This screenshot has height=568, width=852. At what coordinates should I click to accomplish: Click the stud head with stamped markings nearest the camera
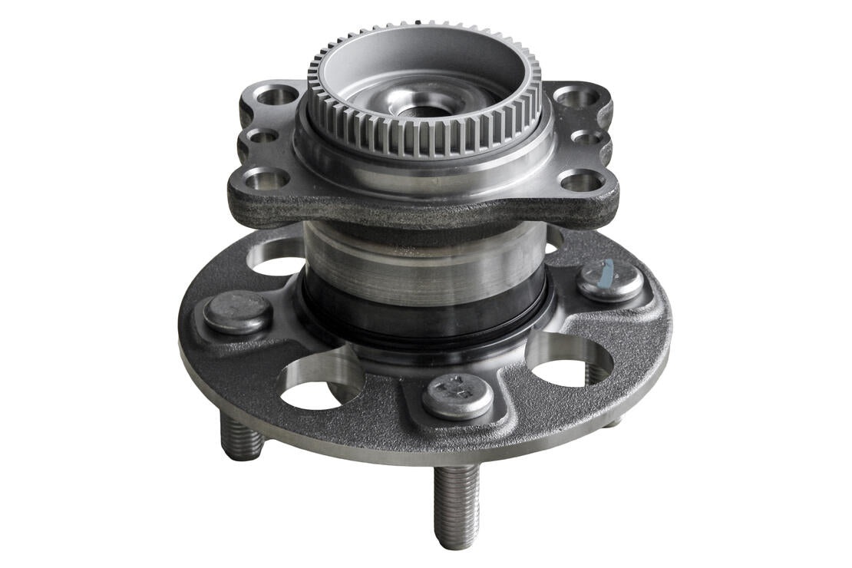click(457, 396)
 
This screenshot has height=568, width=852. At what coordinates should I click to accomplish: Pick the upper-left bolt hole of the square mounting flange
click(276, 95)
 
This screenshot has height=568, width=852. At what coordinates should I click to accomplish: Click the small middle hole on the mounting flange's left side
click(263, 137)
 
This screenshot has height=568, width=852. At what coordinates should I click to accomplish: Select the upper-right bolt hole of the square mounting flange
click(576, 97)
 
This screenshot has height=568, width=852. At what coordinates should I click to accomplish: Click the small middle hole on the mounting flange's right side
click(587, 138)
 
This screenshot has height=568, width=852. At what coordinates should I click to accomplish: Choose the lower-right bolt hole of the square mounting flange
click(581, 181)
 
